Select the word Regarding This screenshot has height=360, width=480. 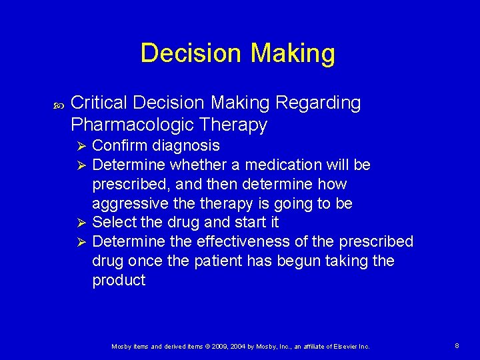point(318,103)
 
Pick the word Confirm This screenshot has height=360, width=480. point(120,145)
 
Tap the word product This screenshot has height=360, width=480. point(119,280)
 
